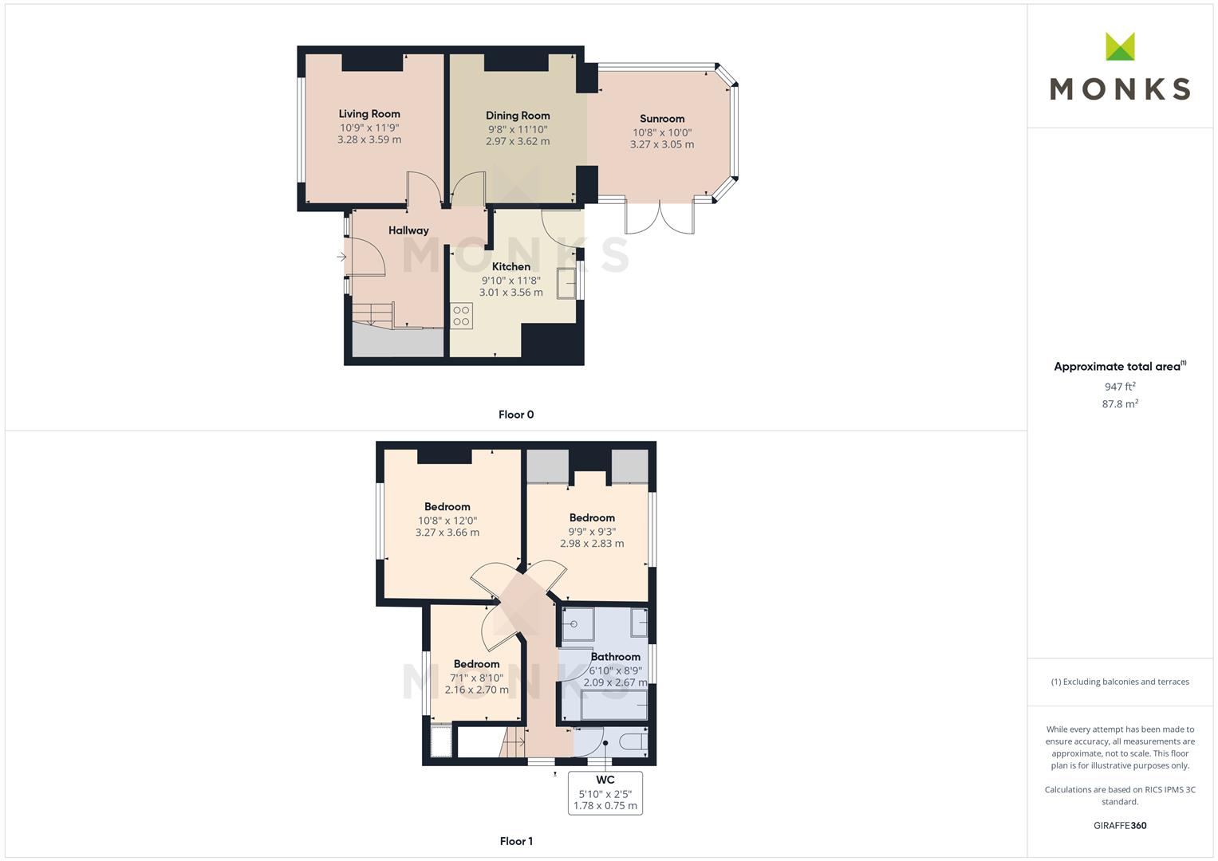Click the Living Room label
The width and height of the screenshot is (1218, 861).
[369, 114]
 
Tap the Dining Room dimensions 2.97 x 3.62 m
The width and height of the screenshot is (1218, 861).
[518, 142]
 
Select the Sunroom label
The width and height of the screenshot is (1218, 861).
[662, 119]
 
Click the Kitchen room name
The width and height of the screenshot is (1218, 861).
[511, 267]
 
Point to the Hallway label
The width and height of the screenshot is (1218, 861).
[408, 230]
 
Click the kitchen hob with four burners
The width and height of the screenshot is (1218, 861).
[461, 316]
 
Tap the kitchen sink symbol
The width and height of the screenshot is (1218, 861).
[567, 283]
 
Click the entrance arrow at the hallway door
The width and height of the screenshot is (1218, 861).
[341, 257]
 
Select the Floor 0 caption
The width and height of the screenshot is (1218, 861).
[516, 415]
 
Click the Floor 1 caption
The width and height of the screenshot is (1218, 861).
[516, 841]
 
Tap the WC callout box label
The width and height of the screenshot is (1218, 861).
[605, 780]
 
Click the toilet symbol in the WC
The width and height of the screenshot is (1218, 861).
[633, 742]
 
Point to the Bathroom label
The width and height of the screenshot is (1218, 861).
[616, 657]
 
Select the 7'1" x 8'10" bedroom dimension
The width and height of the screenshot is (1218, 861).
[477, 678]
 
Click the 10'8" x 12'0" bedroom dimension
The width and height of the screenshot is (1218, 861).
[447, 521]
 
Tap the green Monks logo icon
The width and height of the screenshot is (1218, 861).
[1120, 46]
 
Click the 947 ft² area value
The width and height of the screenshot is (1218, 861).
[1120, 387]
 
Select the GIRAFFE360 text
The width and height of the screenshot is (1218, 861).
[1120, 826]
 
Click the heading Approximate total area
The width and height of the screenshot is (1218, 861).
[1117, 367]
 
